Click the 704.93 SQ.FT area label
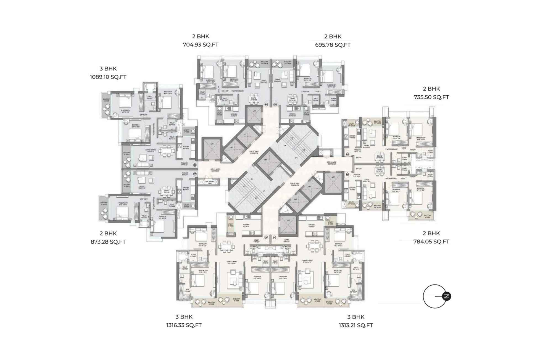pos(201,45)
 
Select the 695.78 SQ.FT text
pos(333,45)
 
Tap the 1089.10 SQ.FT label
pos(108,77)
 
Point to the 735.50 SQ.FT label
pos(431,97)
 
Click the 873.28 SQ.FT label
pos(108,242)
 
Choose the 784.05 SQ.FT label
pos(431,241)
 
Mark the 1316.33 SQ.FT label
pos(184,325)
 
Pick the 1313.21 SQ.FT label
pos(356,325)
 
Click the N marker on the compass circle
pos(446,296)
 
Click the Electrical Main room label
pos(209,182)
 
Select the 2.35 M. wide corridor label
pos(215,170)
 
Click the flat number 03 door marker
pos(266,104)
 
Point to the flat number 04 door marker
pos(275,104)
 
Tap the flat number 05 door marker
pos(347,154)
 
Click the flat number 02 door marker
pos(195,165)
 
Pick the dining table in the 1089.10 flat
pos(167,151)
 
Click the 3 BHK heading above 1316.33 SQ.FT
pos(184,317)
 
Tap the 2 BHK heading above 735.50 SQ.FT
pos(431,89)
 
